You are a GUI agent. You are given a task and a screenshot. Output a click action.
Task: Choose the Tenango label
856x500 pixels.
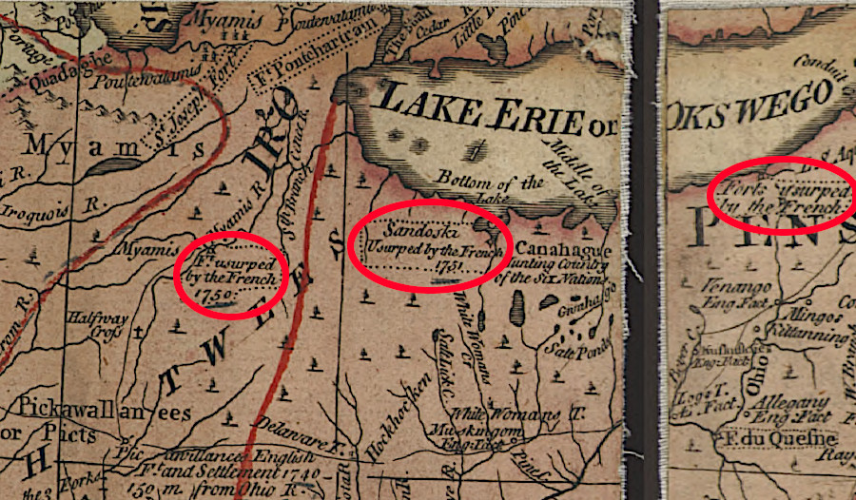pos(727,285)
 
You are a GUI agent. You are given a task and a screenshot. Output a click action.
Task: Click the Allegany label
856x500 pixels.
pos(782,404)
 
